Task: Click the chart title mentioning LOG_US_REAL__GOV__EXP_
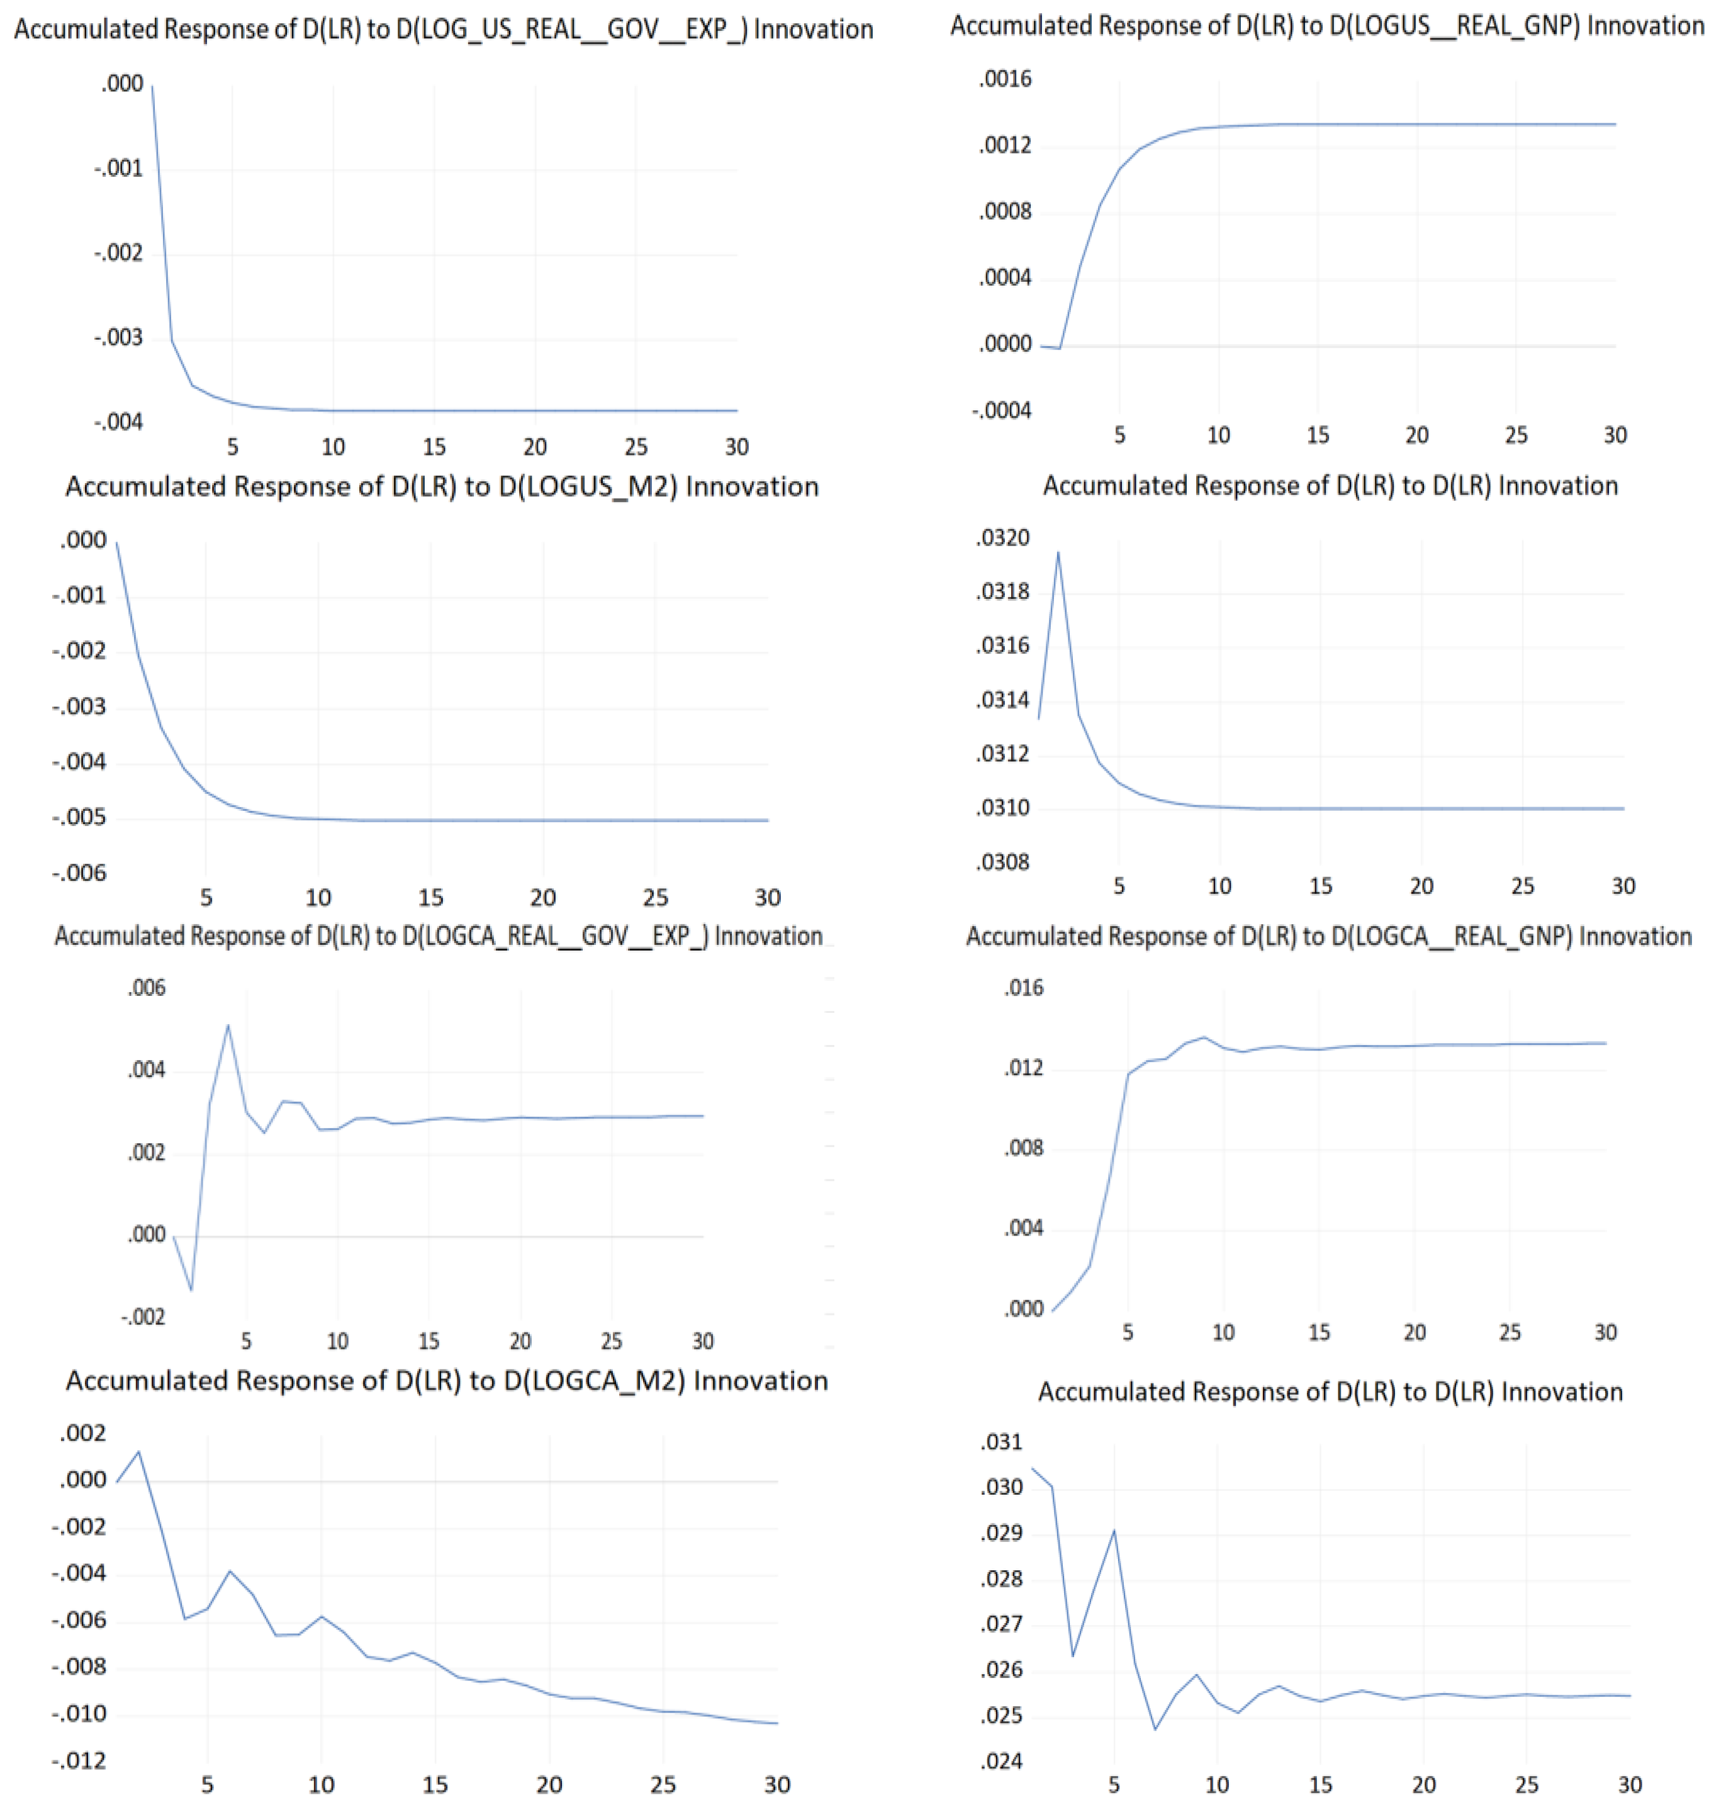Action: tap(444, 29)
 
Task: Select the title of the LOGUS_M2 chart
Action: tap(442, 486)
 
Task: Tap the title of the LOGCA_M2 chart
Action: tap(446, 1380)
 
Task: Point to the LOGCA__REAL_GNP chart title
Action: tap(1328, 937)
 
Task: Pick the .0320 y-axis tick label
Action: tap(1002, 538)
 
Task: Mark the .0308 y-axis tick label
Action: tap(1002, 862)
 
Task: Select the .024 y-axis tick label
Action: tap(1002, 1760)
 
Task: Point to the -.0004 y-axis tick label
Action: tap(1002, 411)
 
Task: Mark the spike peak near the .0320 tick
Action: tap(1058, 552)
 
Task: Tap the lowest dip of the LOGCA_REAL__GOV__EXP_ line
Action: tap(192, 1290)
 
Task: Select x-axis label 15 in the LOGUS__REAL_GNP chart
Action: tap(1318, 435)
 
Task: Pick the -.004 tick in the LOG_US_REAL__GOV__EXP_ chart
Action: tap(119, 422)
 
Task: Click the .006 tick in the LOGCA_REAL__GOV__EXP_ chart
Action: tap(146, 988)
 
